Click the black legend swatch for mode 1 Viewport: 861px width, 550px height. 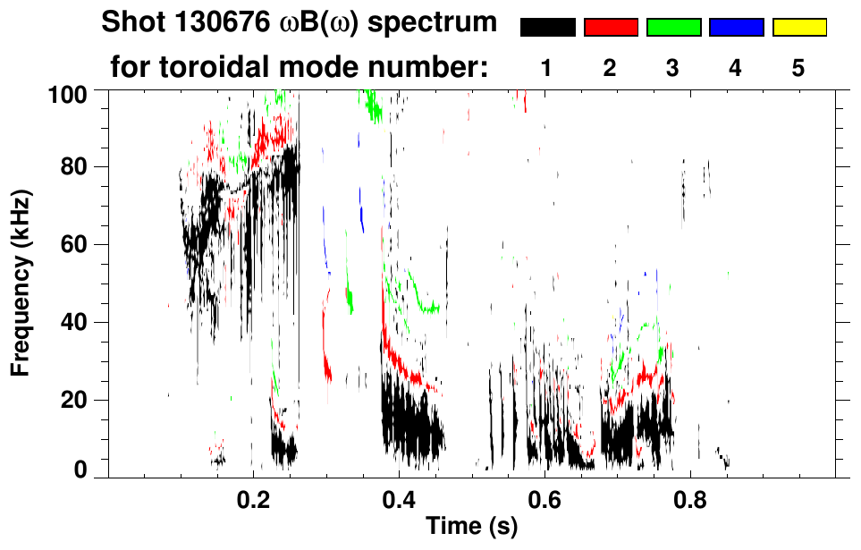point(547,28)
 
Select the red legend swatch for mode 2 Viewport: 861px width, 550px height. point(611,28)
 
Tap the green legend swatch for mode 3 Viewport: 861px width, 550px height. point(673,28)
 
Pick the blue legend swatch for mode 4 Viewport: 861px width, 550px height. point(736,28)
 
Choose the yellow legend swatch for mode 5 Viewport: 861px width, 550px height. point(798,28)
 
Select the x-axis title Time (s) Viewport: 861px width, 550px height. point(471,526)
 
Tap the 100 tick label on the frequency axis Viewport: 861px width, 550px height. point(70,92)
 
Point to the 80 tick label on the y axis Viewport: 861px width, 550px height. point(76,167)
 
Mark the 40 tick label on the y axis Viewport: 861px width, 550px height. point(76,322)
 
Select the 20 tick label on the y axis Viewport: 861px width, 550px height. point(76,399)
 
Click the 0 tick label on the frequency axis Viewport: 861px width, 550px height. point(82,470)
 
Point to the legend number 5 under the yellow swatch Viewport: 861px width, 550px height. point(798,68)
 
